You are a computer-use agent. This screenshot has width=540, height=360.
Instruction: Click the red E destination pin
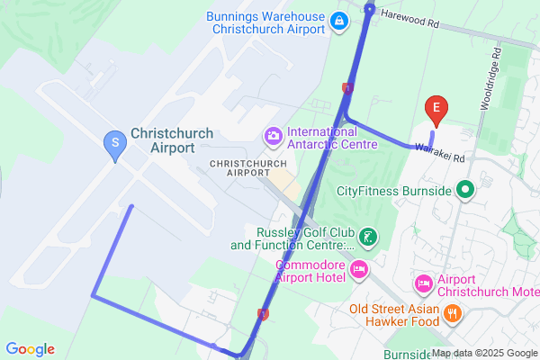[436, 110]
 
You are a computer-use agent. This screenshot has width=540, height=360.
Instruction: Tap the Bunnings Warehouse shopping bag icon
[338, 21]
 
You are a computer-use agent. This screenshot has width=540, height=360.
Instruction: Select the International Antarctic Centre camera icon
[273, 136]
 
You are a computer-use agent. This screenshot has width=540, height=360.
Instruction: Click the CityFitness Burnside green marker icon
[465, 190]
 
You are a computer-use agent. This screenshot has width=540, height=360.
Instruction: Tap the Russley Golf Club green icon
[367, 238]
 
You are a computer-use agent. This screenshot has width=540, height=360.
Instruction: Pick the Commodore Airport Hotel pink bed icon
[358, 269]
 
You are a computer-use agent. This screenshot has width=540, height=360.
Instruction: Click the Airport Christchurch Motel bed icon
[423, 284]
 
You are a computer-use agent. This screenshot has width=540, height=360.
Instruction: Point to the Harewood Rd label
[409, 15]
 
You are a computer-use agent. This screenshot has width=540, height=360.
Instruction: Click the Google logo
[30, 349]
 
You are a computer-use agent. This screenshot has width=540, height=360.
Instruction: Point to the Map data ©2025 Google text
[485, 353]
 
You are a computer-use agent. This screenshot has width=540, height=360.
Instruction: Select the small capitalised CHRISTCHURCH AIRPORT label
[247, 167]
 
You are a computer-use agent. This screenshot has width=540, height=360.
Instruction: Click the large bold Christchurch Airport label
[172, 140]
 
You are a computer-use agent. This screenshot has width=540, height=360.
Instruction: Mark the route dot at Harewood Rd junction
[370, 8]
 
